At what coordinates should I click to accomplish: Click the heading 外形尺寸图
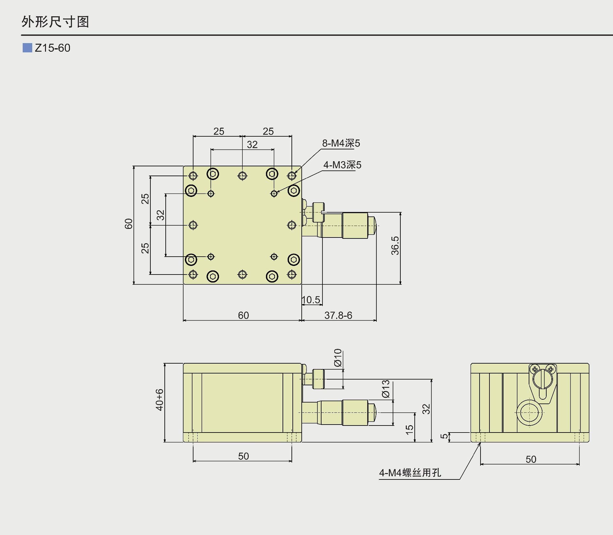point(55,22)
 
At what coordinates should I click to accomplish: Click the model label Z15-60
point(52,48)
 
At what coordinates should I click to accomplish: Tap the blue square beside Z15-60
point(27,48)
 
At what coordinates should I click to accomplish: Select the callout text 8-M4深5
point(341,143)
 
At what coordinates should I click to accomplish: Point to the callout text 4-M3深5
point(342,165)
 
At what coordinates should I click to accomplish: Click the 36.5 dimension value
point(395,245)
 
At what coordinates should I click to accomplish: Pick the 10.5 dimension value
point(311,300)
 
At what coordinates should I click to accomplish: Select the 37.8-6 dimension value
point(338,315)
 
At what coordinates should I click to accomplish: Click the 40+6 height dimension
point(159,400)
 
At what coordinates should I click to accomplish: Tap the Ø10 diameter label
point(338,358)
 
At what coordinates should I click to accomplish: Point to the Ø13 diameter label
point(386,389)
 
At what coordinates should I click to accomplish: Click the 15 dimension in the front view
point(409,430)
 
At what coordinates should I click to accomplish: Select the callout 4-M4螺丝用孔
point(410,473)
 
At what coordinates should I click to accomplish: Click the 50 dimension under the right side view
point(531,459)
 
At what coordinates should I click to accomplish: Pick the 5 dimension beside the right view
point(444,436)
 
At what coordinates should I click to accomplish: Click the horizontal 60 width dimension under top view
point(243,315)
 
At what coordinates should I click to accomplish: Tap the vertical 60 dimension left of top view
point(128,224)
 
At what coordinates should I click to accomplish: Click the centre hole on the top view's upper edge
point(242,176)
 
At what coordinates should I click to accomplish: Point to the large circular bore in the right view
point(529,412)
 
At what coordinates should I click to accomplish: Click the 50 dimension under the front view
point(243,456)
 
